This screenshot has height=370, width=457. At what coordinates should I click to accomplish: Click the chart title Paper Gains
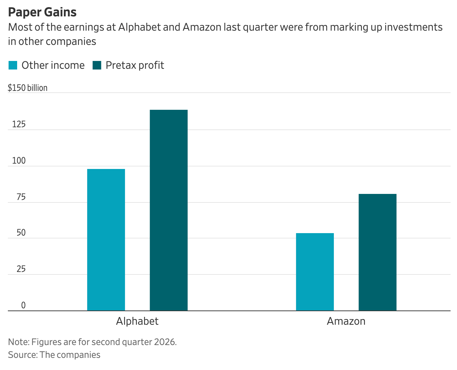coord(42,12)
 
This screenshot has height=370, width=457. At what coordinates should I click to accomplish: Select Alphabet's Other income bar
coord(106,240)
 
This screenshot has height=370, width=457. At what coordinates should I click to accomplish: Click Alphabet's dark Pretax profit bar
coord(169,210)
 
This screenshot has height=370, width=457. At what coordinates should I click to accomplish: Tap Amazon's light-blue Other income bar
coord(315,272)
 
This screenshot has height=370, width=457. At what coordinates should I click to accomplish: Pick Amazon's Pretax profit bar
coord(377,252)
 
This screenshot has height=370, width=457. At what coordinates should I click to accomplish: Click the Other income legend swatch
coord(12,65)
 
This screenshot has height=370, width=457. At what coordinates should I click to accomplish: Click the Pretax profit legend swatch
coord(97,65)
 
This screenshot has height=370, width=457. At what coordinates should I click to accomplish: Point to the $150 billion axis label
coord(27,88)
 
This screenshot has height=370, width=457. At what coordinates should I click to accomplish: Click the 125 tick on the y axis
coord(19,124)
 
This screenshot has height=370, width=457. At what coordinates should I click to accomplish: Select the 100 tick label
coord(19,161)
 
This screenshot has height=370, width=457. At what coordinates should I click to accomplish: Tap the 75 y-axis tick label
coord(21,197)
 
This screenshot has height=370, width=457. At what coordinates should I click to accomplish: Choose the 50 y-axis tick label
coord(21,233)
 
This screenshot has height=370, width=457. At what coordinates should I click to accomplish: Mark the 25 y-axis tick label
coord(21,269)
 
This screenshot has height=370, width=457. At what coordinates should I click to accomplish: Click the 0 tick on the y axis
coord(24,305)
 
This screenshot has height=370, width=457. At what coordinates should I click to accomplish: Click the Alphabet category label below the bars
coord(137,321)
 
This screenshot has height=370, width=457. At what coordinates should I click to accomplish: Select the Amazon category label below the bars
coord(346,321)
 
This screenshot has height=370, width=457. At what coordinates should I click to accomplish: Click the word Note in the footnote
coord(18,342)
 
